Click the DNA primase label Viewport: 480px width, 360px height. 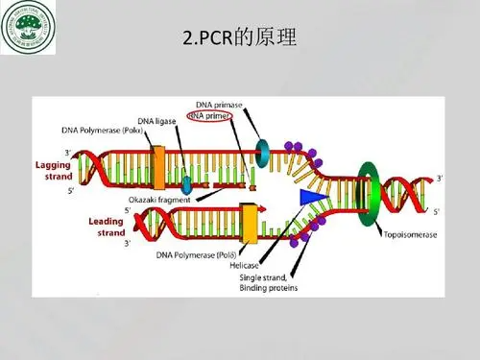[x=219, y=104]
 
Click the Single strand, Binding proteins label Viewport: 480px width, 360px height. [x=269, y=282]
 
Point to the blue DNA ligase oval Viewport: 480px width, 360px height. [x=186, y=182]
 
